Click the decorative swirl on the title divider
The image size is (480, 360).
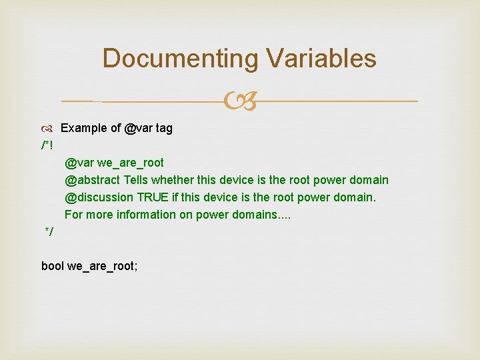(239, 101)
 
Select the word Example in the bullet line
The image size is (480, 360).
(82, 129)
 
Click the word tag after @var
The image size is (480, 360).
(164, 129)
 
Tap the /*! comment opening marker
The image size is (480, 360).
(47, 145)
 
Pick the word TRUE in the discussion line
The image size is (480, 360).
(153, 197)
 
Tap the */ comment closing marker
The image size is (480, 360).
(49, 231)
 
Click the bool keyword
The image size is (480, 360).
(53, 266)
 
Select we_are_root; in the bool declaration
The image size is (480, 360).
(103, 266)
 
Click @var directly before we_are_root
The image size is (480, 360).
(79, 163)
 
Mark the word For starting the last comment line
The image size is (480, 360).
(73, 215)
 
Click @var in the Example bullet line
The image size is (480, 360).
(139, 129)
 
